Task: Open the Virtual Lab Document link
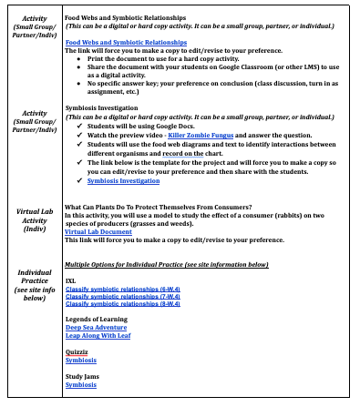click(98, 232)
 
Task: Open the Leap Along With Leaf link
click(98, 335)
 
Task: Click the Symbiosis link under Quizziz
click(81, 360)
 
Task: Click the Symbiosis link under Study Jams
click(81, 384)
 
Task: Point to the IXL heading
click(70, 280)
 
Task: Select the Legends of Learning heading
click(97, 319)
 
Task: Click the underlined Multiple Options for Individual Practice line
click(166, 264)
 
